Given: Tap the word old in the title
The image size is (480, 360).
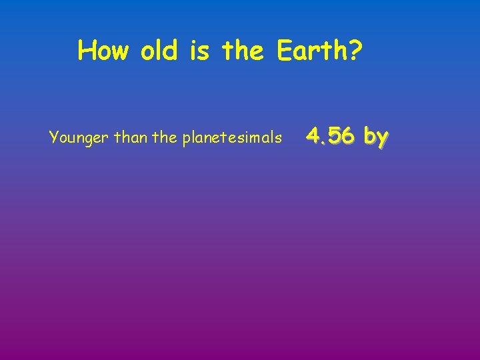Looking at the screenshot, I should (x=159, y=51).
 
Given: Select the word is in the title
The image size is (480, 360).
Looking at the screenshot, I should (x=200, y=51).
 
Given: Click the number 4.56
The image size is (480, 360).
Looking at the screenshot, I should (x=331, y=136).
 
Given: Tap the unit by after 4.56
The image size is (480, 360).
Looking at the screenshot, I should (x=376, y=137).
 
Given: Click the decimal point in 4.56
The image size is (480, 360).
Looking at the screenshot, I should (x=323, y=142).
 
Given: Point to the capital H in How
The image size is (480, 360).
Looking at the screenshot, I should (x=85, y=51).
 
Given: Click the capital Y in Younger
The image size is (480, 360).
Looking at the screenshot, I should (x=53, y=138).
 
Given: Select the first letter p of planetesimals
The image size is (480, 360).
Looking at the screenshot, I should (x=186, y=139).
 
